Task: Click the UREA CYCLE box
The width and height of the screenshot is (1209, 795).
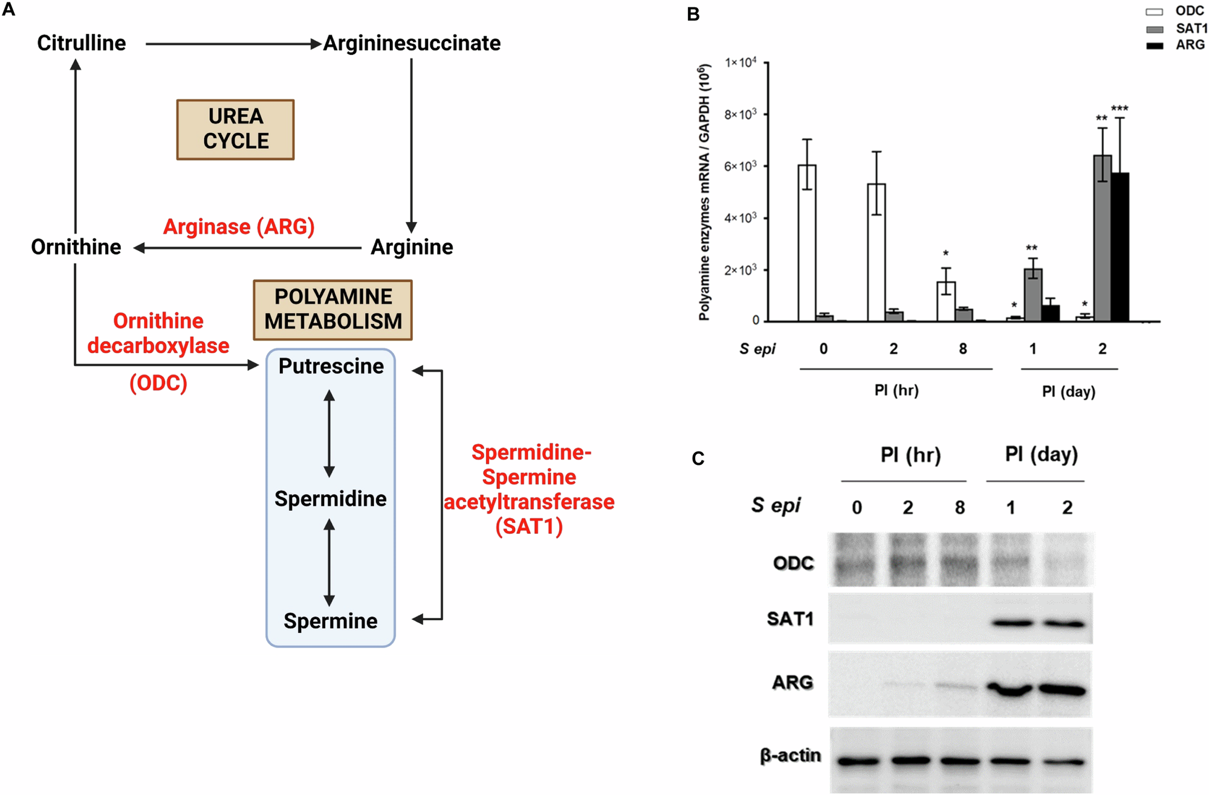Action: coord(235,129)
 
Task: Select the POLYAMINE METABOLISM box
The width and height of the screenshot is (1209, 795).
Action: coord(332,310)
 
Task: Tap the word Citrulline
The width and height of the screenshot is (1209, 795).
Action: coord(82,43)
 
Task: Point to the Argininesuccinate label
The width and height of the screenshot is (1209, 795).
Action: coord(412,43)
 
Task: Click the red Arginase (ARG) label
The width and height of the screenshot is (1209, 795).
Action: coord(239,227)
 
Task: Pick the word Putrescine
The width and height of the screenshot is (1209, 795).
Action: coord(331,366)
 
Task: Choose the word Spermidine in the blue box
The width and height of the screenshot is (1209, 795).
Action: coord(330,499)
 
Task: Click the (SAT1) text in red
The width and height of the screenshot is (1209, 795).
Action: coord(529,526)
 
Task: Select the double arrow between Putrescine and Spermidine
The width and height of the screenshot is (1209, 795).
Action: coord(329,433)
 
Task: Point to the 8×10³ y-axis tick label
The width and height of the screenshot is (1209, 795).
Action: coord(741,114)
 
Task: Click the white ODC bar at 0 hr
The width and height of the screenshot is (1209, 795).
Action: coord(806,242)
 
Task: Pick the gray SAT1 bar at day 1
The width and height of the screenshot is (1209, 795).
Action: coord(1032,295)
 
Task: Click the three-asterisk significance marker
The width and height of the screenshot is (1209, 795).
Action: coord(1120,109)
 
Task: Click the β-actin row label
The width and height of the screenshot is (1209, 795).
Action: coord(790,756)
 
